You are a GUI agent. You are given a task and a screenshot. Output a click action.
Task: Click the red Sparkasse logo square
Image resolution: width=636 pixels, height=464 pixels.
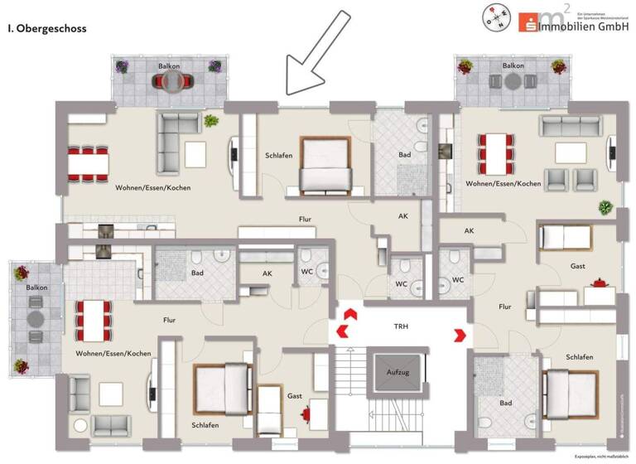point(528,22)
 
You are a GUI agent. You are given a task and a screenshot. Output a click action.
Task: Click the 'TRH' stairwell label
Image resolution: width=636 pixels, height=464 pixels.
point(401,326)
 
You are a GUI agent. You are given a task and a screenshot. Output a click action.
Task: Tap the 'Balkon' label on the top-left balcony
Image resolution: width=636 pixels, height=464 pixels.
point(169,65)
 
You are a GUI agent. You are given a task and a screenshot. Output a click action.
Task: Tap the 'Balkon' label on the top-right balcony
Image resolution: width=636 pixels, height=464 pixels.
point(513,65)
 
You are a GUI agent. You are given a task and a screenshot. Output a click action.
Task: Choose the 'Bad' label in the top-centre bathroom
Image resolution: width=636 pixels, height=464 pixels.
point(404,155)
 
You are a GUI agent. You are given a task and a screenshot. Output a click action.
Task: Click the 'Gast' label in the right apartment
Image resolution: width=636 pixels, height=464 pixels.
point(577,266)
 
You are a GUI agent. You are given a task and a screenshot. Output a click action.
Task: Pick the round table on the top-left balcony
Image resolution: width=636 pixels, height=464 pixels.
point(173,80)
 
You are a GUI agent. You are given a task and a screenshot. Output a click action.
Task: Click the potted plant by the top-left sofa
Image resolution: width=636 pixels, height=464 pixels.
point(212,121)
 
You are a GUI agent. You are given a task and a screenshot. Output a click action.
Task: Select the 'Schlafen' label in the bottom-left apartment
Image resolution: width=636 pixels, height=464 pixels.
point(205,425)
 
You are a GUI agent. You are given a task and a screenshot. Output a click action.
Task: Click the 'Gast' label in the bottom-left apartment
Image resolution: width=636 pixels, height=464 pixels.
point(295,397)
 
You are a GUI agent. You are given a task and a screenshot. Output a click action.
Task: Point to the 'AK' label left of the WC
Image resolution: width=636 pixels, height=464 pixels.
point(267,273)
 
